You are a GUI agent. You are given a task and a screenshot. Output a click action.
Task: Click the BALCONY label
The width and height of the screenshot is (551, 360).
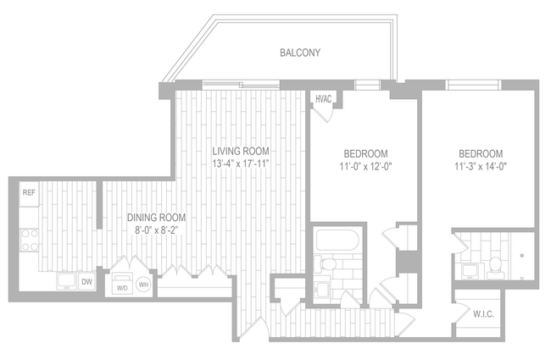(299, 53)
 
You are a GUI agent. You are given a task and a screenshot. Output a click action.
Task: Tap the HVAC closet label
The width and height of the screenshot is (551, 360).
(323, 99)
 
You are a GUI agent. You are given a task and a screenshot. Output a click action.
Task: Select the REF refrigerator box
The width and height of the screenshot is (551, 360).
(28, 193)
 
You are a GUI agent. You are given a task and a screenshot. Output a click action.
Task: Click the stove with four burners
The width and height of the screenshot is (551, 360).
(30, 240)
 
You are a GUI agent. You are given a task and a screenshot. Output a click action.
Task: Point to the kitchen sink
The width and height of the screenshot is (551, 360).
(65, 280)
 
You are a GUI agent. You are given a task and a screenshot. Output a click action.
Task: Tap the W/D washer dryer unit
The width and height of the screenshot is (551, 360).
(121, 283)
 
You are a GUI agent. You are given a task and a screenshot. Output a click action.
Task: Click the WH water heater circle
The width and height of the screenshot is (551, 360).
(143, 284)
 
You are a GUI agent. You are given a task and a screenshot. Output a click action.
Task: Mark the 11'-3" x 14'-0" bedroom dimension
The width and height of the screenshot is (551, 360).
(481, 166)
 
